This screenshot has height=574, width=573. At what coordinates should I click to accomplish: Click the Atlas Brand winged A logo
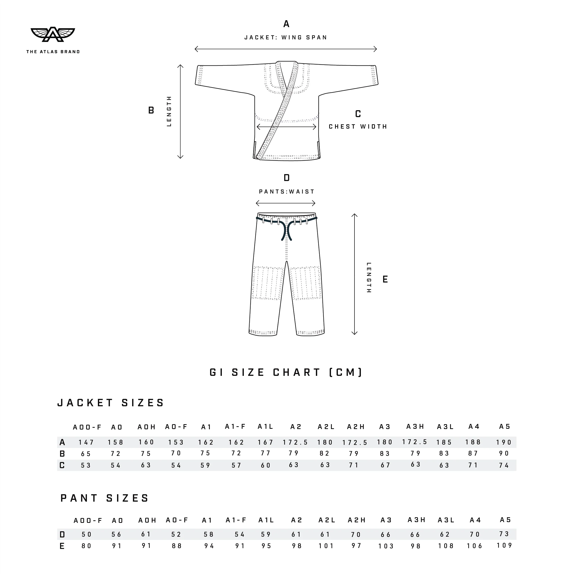click(x=53, y=35)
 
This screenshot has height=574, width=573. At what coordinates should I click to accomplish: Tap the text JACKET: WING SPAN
click(x=285, y=37)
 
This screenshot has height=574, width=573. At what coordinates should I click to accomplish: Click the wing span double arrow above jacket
click(x=285, y=49)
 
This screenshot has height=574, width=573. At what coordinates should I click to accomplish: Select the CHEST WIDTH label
click(x=358, y=127)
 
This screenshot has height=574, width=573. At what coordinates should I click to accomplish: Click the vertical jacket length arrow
click(x=180, y=112)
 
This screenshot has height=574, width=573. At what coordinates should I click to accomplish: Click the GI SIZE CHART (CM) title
click(x=286, y=373)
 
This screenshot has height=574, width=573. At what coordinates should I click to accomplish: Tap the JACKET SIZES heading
click(x=110, y=403)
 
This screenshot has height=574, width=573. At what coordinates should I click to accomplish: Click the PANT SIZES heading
click(x=105, y=498)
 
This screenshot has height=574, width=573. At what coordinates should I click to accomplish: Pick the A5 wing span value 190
click(x=504, y=442)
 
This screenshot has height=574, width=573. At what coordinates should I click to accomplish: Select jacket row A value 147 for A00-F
click(x=86, y=442)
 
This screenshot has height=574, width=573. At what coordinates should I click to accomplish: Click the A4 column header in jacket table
click(x=474, y=427)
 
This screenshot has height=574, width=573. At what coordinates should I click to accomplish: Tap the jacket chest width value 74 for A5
click(x=504, y=466)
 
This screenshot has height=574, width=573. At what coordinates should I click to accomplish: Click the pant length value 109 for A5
click(x=505, y=545)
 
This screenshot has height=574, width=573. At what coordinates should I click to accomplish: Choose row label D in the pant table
click(x=62, y=534)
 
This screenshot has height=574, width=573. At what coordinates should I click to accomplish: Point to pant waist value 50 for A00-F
click(x=86, y=534)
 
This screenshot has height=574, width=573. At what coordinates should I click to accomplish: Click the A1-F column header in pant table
click(x=236, y=520)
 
